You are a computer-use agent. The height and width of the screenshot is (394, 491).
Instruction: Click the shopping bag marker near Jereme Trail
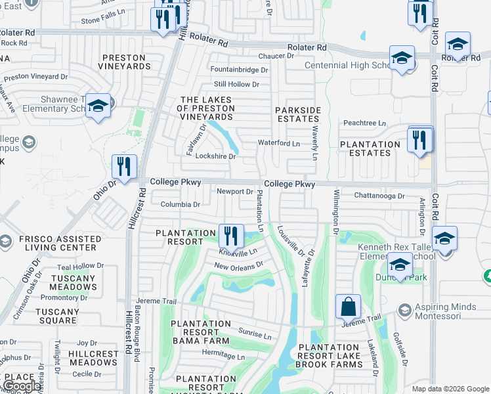(348, 307)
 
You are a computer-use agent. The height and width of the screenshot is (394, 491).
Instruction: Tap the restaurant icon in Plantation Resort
(230, 236)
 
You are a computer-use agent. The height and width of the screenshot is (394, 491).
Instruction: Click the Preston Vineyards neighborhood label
(125, 62)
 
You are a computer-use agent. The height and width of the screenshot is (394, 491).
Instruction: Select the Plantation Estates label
(370, 148)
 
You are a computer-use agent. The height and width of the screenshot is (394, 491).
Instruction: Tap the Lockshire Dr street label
(215, 157)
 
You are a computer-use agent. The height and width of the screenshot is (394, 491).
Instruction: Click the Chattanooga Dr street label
(379, 195)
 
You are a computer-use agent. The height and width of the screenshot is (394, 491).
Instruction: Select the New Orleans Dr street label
(238, 265)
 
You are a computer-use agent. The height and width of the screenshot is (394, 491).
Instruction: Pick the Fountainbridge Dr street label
(239, 70)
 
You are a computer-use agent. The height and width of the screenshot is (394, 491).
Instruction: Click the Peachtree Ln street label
(364, 123)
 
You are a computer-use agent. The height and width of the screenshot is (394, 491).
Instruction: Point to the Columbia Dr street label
(180, 204)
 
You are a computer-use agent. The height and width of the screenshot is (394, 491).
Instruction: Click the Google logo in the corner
(22, 386)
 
